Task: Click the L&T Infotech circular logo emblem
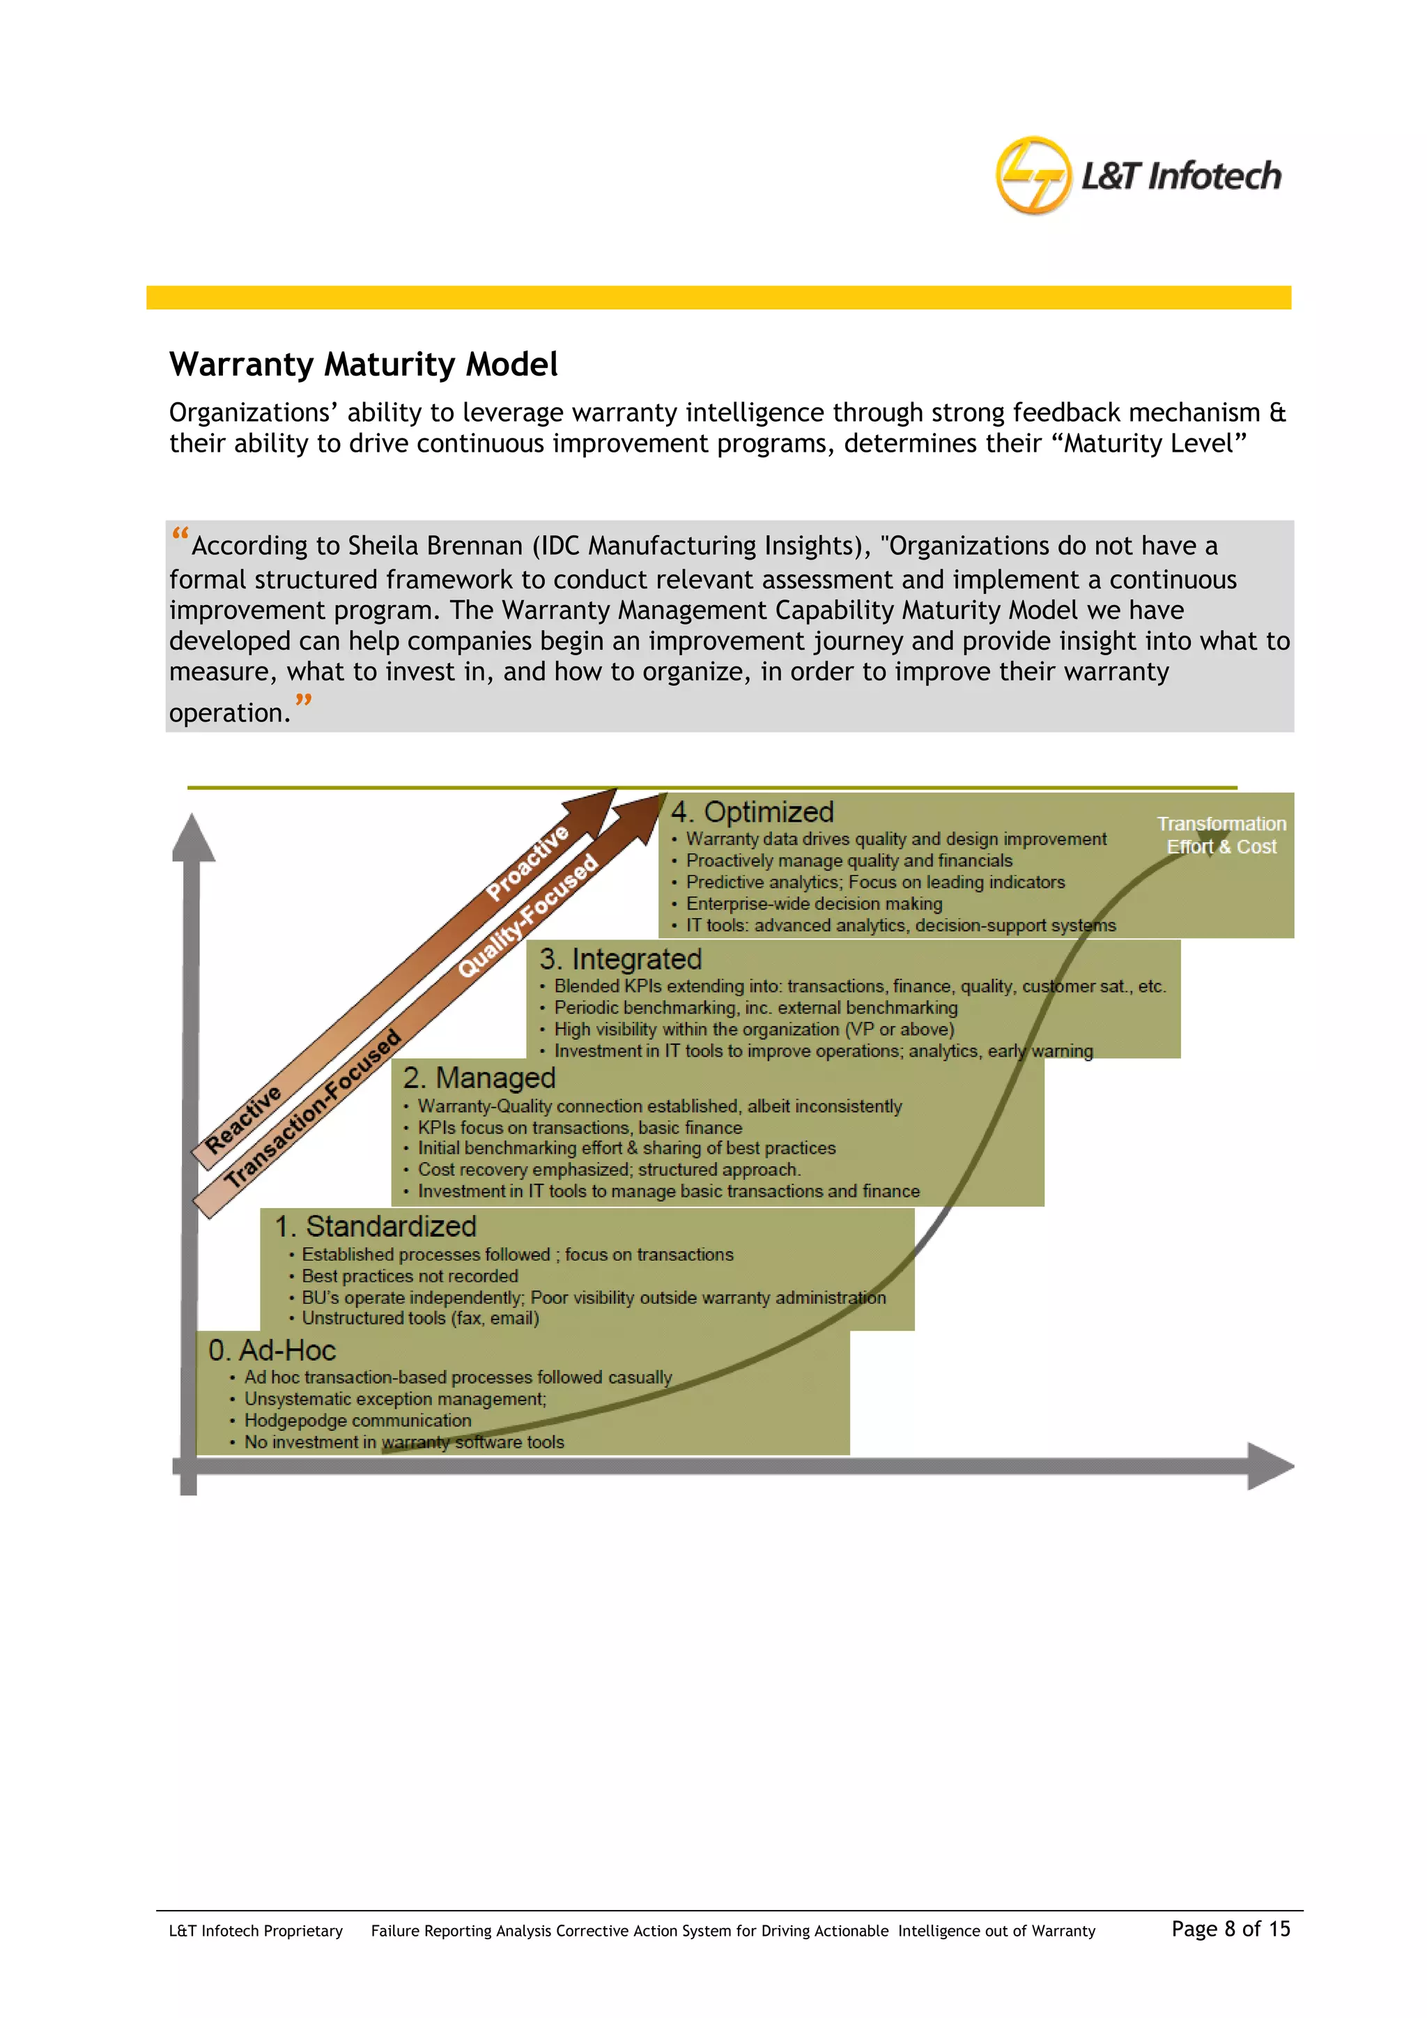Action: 1033,175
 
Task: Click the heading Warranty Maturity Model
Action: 363,364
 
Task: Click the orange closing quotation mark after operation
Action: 303,701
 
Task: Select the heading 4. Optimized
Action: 752,811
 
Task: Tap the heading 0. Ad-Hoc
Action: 272,1350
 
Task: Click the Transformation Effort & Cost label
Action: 1221,835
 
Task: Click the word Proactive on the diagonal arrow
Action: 527,863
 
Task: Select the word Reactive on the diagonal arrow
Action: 242,1119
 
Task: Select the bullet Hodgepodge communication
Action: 357,1421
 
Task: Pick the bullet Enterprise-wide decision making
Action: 814,903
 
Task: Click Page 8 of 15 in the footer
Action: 1231,1929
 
